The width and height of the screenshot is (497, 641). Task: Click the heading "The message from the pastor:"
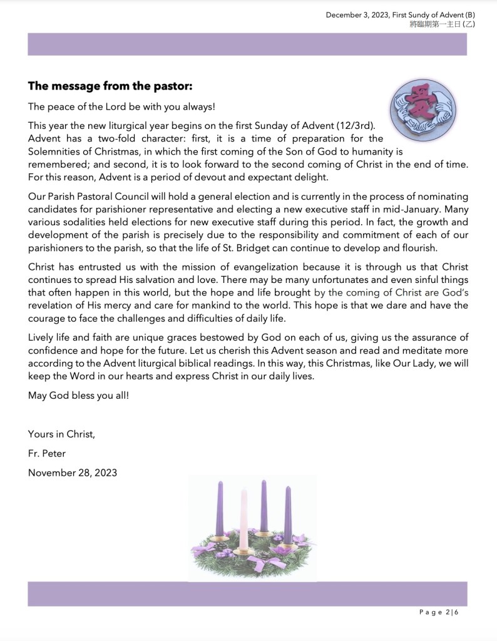110,85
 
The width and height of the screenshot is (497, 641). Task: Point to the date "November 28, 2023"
73,473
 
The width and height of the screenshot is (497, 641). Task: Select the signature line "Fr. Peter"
47,453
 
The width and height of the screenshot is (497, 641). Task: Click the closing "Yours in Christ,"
61,433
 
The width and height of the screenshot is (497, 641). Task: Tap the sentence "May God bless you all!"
78,396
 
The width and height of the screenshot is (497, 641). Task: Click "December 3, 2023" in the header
356,14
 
